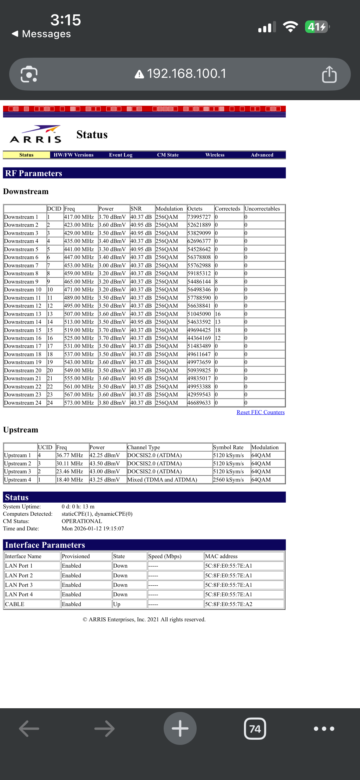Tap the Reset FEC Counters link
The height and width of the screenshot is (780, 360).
(x=260, y=412)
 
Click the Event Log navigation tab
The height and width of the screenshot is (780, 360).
(x=121, y=155)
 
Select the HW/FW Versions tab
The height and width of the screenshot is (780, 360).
(x=74, y=155)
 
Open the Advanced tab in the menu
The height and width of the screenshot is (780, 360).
(x=262, y=155)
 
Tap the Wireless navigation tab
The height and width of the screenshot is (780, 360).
(x=215, y=155)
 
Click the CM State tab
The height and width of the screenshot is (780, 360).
(x=168, y=155)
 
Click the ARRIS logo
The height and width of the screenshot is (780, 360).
(x=36, y=134)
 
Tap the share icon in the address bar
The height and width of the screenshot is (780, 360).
(x=329, y=74)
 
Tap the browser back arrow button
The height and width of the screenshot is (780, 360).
(x=29, y=729)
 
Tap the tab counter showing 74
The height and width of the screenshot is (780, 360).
(x=255, y=729)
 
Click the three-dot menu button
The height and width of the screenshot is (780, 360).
(x=324, y=729)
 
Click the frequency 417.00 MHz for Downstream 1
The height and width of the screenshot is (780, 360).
(x=79, y=217)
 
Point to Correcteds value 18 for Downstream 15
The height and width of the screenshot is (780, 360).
(x=218, y=330)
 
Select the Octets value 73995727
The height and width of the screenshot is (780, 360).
(x=199, y=217)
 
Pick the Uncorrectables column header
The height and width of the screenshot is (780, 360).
(x=262, y=209)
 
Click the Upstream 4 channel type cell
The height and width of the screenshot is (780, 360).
(x=162, y=480)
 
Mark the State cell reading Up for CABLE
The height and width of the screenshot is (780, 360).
(x=117, y=604)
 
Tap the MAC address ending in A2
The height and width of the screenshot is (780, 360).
(x=229, y=604)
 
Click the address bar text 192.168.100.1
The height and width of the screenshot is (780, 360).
(x=186, y=74)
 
